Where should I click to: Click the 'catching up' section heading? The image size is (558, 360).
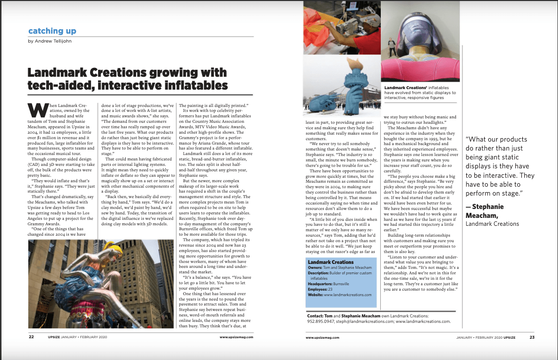(x=52, y=31)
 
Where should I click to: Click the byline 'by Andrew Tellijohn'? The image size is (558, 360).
(x=51, y=42)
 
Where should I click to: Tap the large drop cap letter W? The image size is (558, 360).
(x=35, y=109)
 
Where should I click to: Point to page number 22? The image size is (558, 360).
(x=31, y=337)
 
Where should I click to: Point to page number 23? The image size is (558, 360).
(x=531, y=337)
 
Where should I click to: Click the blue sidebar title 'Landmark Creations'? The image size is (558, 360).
(x=331, y=262)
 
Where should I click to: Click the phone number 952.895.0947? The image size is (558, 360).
(x=320, y=321)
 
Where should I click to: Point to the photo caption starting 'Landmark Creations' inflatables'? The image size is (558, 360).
(x=420, y=93)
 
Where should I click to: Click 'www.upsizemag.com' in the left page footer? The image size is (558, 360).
(x=236, y=337)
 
